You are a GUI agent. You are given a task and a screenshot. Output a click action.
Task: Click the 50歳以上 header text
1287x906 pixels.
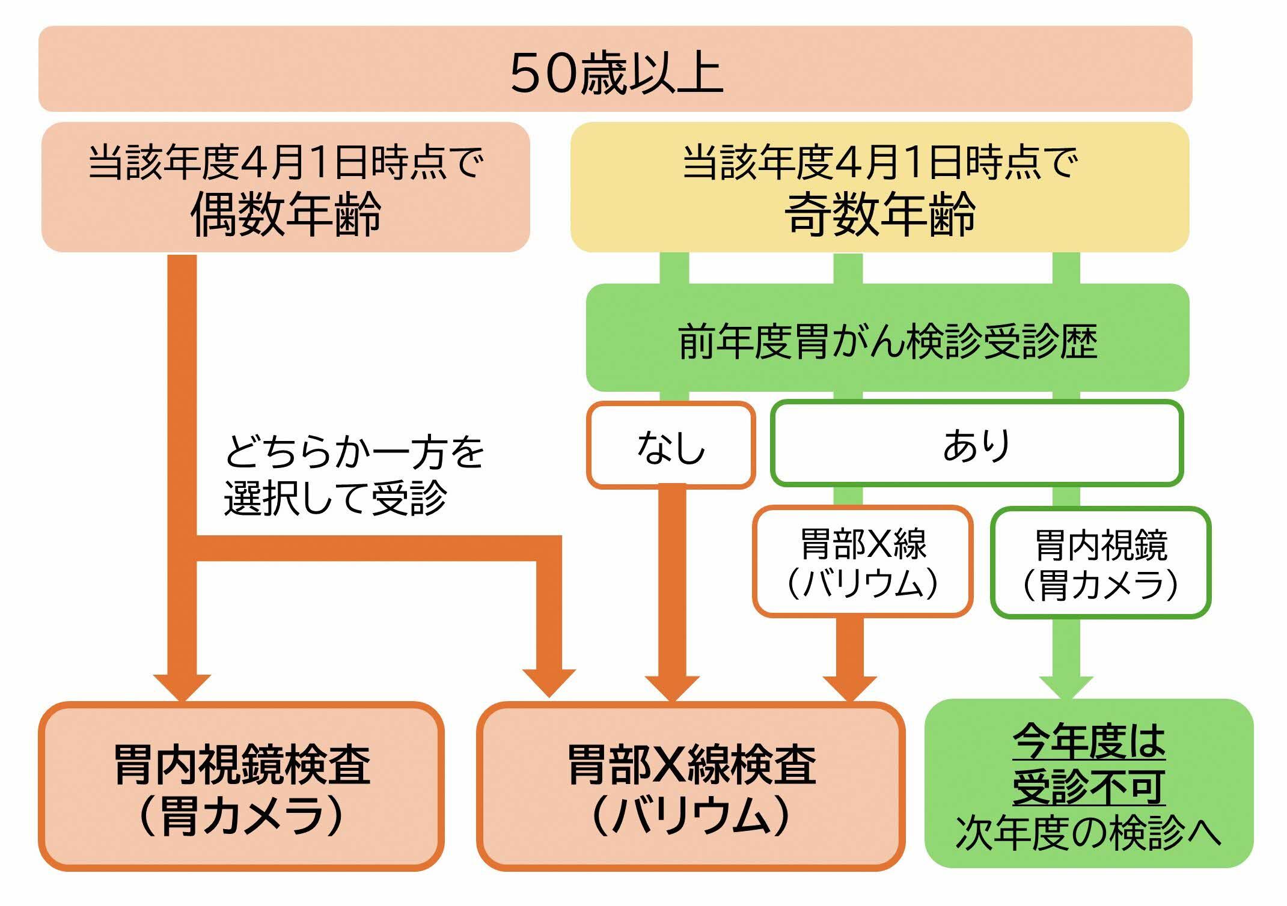pyautogui.click(x=616, y=73)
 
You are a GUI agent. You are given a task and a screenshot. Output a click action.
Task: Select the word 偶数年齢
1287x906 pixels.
pyautogui.click(x=286, y=214)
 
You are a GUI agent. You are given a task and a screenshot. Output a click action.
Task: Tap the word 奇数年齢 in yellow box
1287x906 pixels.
pyautogui.click(x=880, y=214)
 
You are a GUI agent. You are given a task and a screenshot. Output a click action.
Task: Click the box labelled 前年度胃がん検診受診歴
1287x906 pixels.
pyautogui.click(x=887, y=341)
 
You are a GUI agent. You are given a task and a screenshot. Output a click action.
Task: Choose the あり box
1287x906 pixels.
pyautogui.click(x=977, y=445)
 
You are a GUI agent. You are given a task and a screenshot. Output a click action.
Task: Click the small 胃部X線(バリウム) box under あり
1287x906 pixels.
pyautogui.click(x=863, y=562)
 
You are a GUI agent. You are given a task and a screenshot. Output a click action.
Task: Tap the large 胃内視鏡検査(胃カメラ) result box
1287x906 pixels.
pyautogui.click(x=242, y=786)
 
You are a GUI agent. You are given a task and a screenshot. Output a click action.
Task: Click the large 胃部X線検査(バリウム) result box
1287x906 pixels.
pyautogui.click(x=691, y=786)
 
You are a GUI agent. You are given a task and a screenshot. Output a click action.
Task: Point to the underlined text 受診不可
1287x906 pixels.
pyautogui.click(x=1089, y=786)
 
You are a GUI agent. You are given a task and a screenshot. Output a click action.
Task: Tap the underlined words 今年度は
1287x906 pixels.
pyautogui.click(x=1089, y=743)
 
